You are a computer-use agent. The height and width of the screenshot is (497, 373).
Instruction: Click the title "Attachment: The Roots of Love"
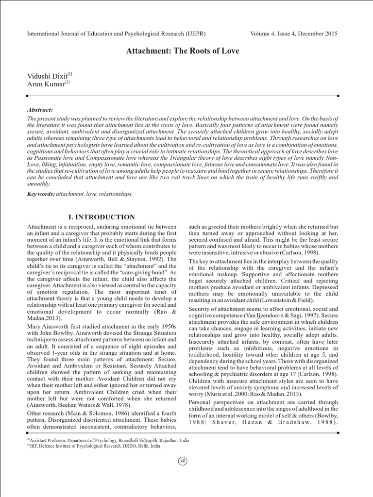tap(183, 51)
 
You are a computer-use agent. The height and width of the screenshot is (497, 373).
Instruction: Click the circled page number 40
tap(183, 461)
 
